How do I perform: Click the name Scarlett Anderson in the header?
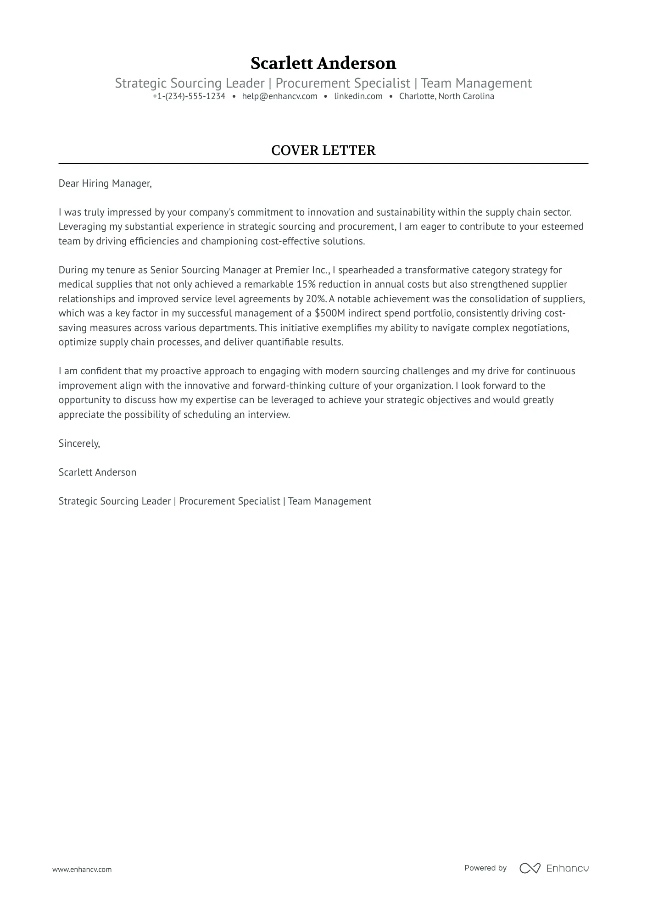pos(323,63)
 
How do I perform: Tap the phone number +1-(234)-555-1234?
pos(189,96)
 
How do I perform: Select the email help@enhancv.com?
pos(279,96)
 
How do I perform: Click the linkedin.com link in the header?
pos(358,96)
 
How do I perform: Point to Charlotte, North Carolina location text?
pos(446,96)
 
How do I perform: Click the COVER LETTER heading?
pos(323,150)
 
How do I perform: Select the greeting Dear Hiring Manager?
pos(105,183)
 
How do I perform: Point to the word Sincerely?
pos(79,444)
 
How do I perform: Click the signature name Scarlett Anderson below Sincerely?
pos(97,472)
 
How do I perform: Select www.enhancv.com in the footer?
pos(82,869)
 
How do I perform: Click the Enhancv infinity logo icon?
pos(530,868)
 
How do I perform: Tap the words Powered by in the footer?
pos(485,868)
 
